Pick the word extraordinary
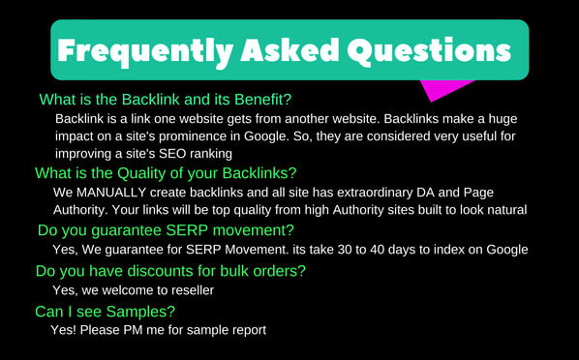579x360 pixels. (x=367, y=192)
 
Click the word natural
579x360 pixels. (x=499, y=209)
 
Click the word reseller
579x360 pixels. (x=186, y=289)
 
